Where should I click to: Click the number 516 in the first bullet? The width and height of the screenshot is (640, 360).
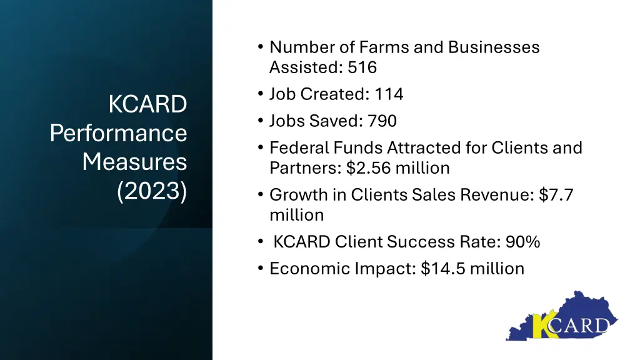point(362,67)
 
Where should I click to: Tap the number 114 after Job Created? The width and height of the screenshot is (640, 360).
point(389,94)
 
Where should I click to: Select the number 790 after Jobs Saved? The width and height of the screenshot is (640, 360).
point(382,121)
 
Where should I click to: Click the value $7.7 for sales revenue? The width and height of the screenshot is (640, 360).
point(557,195)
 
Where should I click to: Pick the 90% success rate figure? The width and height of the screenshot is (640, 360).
point(523,242)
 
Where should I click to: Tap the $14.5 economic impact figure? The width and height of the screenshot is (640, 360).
point(443,269)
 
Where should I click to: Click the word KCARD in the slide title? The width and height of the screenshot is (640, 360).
point(147,104)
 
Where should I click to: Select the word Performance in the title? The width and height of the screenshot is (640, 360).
point(119,133)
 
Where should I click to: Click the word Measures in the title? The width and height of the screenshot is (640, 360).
point(134,162)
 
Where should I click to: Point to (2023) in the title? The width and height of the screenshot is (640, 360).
point(152,191)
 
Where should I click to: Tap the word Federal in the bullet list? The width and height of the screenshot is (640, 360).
point(299,148)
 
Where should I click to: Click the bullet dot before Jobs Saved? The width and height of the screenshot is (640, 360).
point(260,121)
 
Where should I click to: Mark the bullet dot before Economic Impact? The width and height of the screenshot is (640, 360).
point(260,269)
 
